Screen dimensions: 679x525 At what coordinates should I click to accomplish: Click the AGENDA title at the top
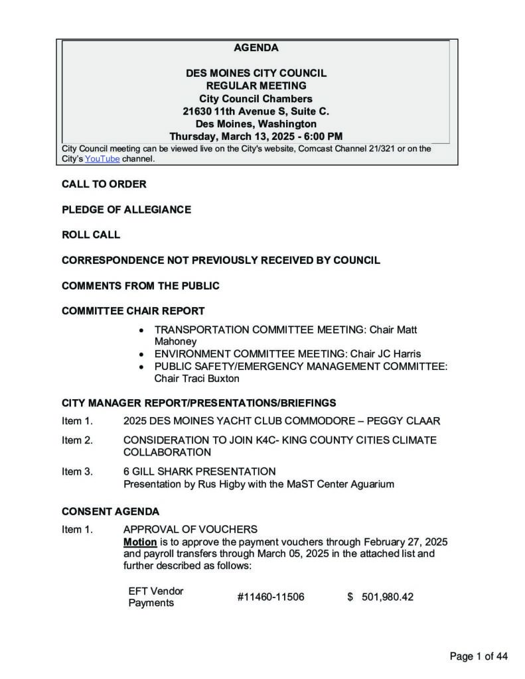(256, 48)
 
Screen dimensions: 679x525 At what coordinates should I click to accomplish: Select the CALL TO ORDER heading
(104, 184)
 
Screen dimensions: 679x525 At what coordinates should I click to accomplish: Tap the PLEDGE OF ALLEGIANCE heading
(126, 210)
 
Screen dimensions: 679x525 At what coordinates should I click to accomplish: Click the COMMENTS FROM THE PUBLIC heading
(140, 286)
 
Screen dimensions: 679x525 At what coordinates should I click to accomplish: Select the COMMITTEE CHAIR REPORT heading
(133, 311)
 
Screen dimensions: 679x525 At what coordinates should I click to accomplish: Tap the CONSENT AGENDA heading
(110, 512)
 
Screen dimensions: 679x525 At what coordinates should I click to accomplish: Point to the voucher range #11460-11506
(270, 597)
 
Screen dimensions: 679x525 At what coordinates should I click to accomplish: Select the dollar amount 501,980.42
(387, 597)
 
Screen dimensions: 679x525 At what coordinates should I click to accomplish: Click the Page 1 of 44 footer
(479, 656)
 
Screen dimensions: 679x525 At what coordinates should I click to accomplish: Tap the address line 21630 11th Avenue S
(256, 111)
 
